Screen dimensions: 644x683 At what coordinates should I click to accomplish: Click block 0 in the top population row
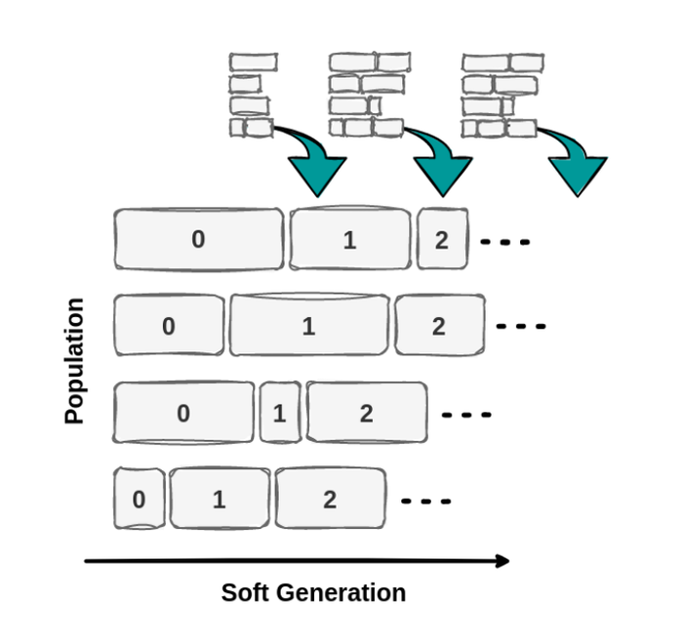(198, 239)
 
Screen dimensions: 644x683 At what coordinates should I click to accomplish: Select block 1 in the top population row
(350, 239)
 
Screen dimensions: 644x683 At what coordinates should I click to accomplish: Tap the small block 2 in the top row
(442, 239)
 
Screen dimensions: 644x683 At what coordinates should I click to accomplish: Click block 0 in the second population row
(169, 325)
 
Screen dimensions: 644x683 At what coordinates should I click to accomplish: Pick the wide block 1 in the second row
(308, 325)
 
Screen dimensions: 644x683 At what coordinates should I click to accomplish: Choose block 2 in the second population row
(439, 325)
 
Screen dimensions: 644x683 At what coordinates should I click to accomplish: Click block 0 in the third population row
(184, 413)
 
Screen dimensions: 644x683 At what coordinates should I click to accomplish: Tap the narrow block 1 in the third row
(280, 413)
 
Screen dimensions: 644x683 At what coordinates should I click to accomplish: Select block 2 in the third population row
(366, 413)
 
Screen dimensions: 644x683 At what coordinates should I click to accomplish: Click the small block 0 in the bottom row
(139, 500)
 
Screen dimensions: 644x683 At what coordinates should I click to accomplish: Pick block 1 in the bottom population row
(220, 500)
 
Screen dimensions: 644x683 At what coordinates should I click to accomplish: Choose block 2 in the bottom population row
(330, 500)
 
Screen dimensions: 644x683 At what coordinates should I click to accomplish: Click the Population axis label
(75, 361)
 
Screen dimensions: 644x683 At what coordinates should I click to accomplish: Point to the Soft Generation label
(313, 592)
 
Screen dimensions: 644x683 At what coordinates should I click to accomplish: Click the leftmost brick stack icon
(252, 95)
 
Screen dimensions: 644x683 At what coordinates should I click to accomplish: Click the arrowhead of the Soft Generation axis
(502, 560)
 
